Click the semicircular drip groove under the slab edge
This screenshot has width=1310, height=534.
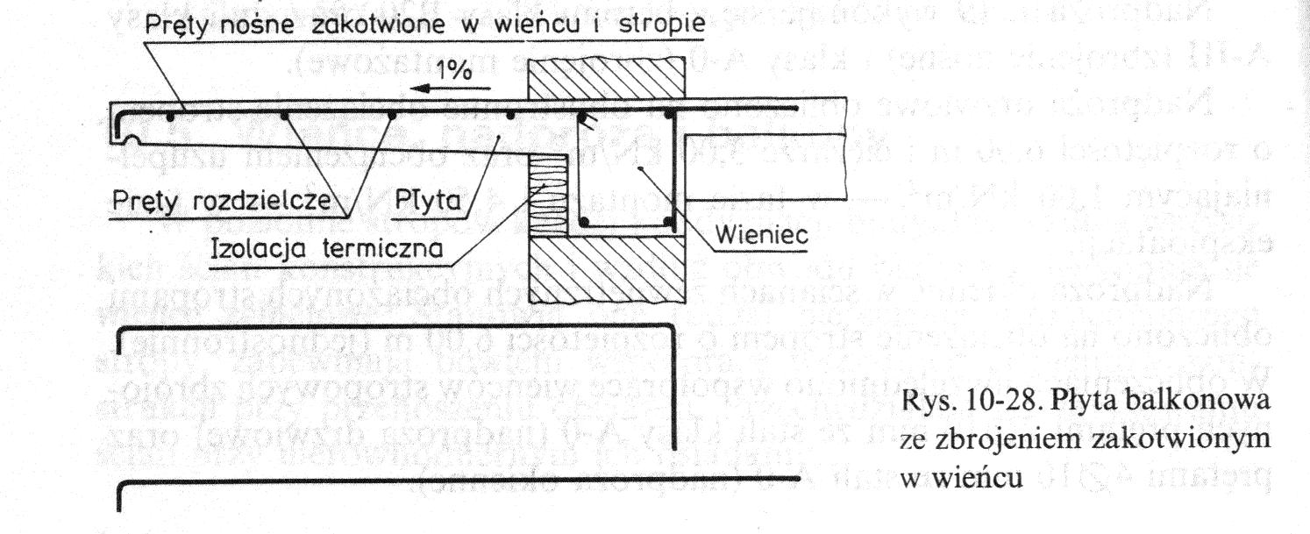(130, 139)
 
